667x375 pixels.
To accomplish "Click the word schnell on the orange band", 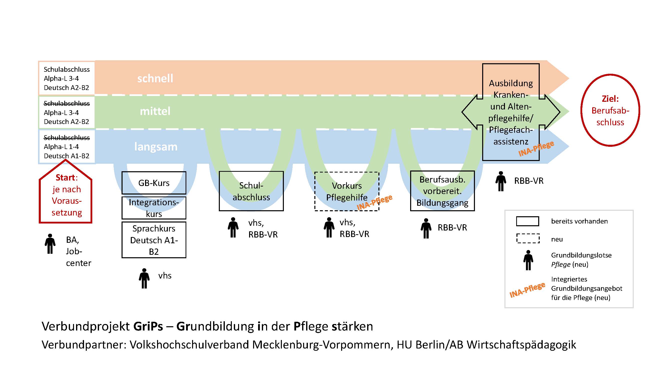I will tap(155, 78).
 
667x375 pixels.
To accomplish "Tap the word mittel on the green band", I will tap(155, 111).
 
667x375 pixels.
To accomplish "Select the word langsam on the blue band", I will tap(156, 147).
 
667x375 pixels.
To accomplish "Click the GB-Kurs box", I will tap(154, 183).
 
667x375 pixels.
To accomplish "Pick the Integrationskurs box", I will tap(154, 208).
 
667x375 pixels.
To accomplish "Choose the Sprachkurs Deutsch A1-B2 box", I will tap(154, 240).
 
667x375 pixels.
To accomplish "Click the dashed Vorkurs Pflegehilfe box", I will tap(346, 191).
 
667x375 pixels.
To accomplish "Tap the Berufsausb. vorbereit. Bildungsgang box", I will tap(442, 191).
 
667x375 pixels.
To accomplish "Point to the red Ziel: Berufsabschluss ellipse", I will tap(610, 110).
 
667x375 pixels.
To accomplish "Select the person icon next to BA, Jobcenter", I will tap(50, 244).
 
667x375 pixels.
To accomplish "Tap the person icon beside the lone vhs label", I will tap(144, 278).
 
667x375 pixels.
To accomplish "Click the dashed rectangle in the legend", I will tap(528, 238).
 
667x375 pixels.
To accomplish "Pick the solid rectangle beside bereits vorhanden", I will tap(527, 221).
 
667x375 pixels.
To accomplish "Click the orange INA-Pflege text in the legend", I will tap(527, 290).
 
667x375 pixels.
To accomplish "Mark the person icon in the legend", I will tap(528, 260).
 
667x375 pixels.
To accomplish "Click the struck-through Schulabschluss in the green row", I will tap(67, 103).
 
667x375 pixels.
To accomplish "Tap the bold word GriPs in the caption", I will tap(148, 326).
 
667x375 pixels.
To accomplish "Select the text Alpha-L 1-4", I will tap(61, 147).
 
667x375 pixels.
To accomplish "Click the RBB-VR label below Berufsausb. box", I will tap(452, 227).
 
